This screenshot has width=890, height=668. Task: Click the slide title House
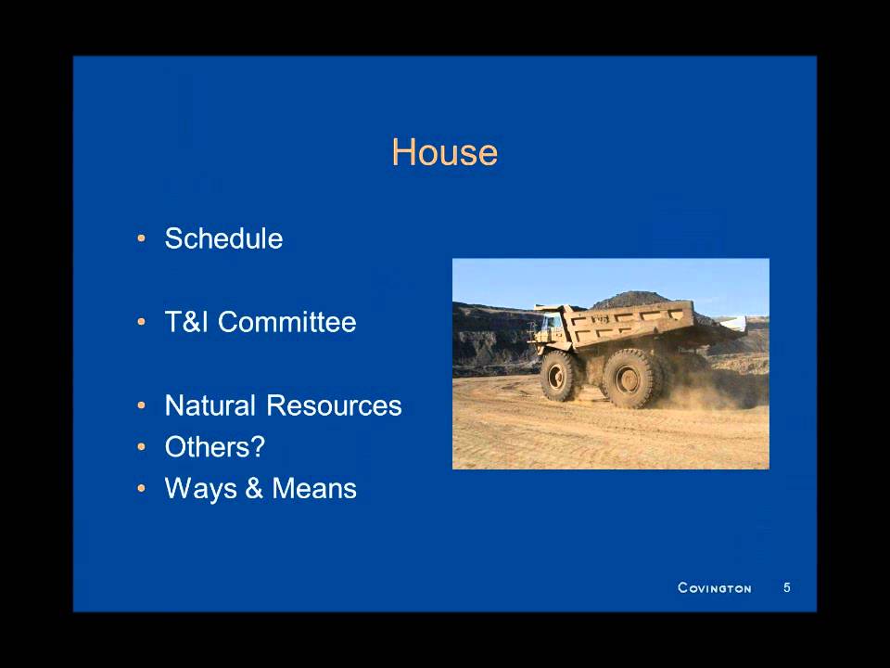[444, 152]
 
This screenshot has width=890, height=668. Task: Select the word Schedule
[223, 238]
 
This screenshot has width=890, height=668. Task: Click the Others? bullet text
[214, 447]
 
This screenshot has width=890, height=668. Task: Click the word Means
[314, 489]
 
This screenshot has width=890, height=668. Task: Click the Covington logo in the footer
[714, 587]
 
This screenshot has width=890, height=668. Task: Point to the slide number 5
[787, 587]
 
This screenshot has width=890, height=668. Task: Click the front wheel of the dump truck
[560, 375]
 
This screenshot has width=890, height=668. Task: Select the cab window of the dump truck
[550, 323]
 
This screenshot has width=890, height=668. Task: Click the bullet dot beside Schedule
[142, 239]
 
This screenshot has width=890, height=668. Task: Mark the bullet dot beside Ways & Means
[142, 490]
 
